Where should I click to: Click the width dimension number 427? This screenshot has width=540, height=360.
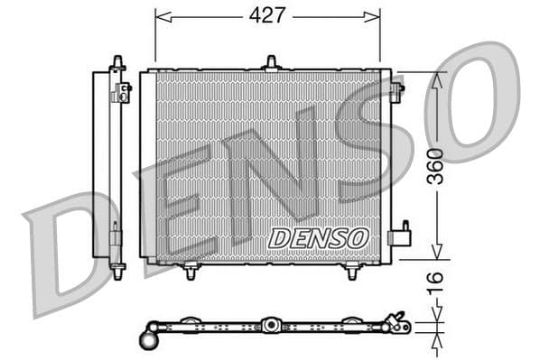coord(267,15)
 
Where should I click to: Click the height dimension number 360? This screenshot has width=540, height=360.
coord(435,166)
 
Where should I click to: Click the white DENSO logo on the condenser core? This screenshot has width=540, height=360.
coord(319,237)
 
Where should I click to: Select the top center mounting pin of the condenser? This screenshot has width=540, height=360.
coord(270,62)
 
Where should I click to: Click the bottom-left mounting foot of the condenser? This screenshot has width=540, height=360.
coord(191,271)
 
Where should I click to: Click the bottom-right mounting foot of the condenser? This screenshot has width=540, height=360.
coord(351,271)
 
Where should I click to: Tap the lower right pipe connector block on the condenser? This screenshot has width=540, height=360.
coord(398,236)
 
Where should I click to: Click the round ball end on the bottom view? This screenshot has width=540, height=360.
coord(149,340)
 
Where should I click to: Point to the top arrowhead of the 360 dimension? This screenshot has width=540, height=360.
coord(435,79)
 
